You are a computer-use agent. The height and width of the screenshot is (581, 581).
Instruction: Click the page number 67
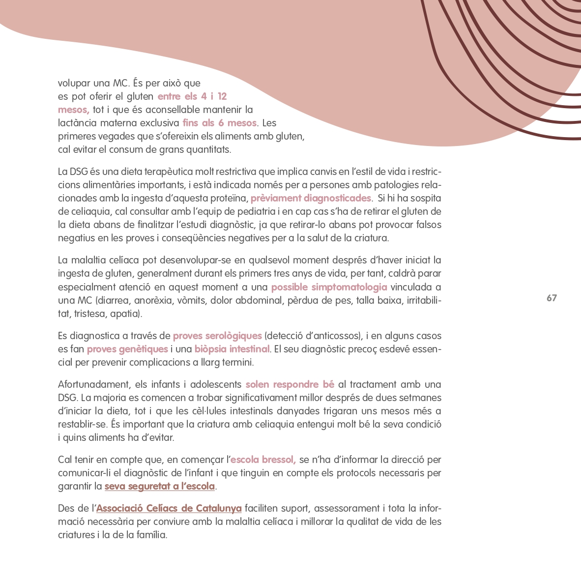tap(552, 298)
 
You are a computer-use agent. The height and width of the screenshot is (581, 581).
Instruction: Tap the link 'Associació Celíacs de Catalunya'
tap(169, 508)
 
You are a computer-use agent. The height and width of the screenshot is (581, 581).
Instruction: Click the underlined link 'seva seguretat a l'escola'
tap(160, 486)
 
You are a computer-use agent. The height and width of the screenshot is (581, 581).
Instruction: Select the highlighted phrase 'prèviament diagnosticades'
tap(311, 198)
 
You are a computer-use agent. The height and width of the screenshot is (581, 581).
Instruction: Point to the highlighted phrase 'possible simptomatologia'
tap(329, 287)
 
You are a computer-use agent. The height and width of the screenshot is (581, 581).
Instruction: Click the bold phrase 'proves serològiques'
tap(217, 336)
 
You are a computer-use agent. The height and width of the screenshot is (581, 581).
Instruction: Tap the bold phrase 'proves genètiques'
tap(127, 349)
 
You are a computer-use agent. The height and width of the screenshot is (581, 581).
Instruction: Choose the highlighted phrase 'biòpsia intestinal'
tap(232, 349)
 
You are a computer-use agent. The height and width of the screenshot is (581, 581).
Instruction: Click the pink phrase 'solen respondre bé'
tap(290, 384)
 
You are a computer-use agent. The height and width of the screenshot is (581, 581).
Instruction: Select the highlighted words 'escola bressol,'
tap(263, 460)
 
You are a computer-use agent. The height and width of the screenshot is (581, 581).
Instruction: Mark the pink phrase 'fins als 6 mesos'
tap(219, 123)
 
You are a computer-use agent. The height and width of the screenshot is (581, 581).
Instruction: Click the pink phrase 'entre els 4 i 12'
tap(192, 96)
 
